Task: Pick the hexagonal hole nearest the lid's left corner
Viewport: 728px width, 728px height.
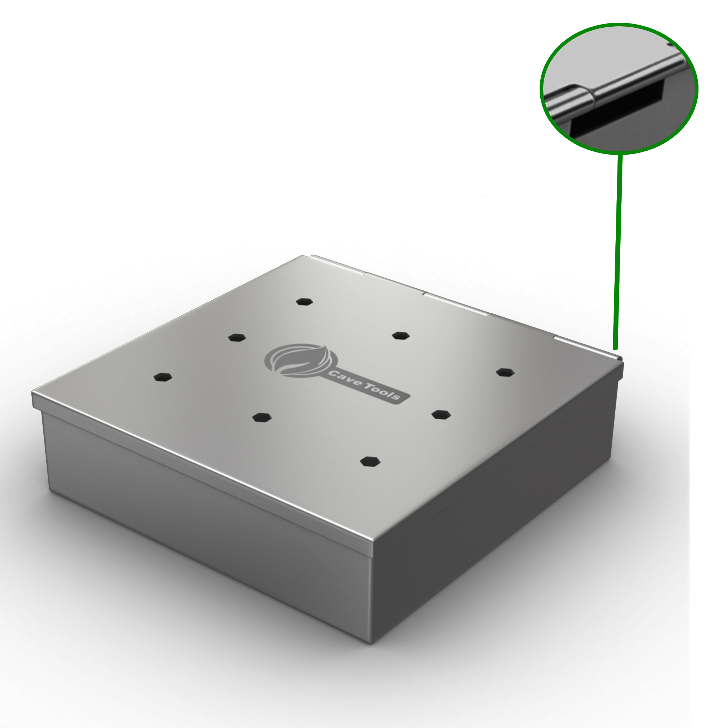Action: coord(163,377)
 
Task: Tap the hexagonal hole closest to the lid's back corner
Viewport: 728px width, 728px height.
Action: coord(305,301)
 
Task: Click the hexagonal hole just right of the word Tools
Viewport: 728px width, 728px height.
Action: coord(441,414)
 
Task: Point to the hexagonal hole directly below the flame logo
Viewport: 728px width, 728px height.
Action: coord(262,417)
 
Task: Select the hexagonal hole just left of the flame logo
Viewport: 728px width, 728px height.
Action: coord(237,337)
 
